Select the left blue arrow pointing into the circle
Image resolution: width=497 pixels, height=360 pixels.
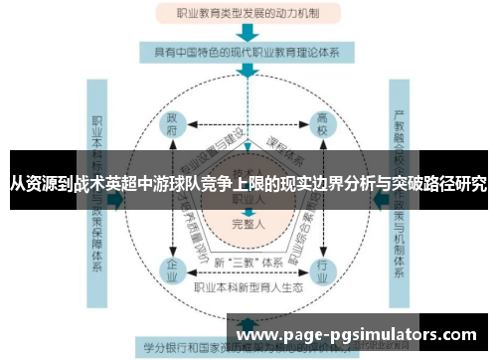pyautogui.click(x=116, y=199)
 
